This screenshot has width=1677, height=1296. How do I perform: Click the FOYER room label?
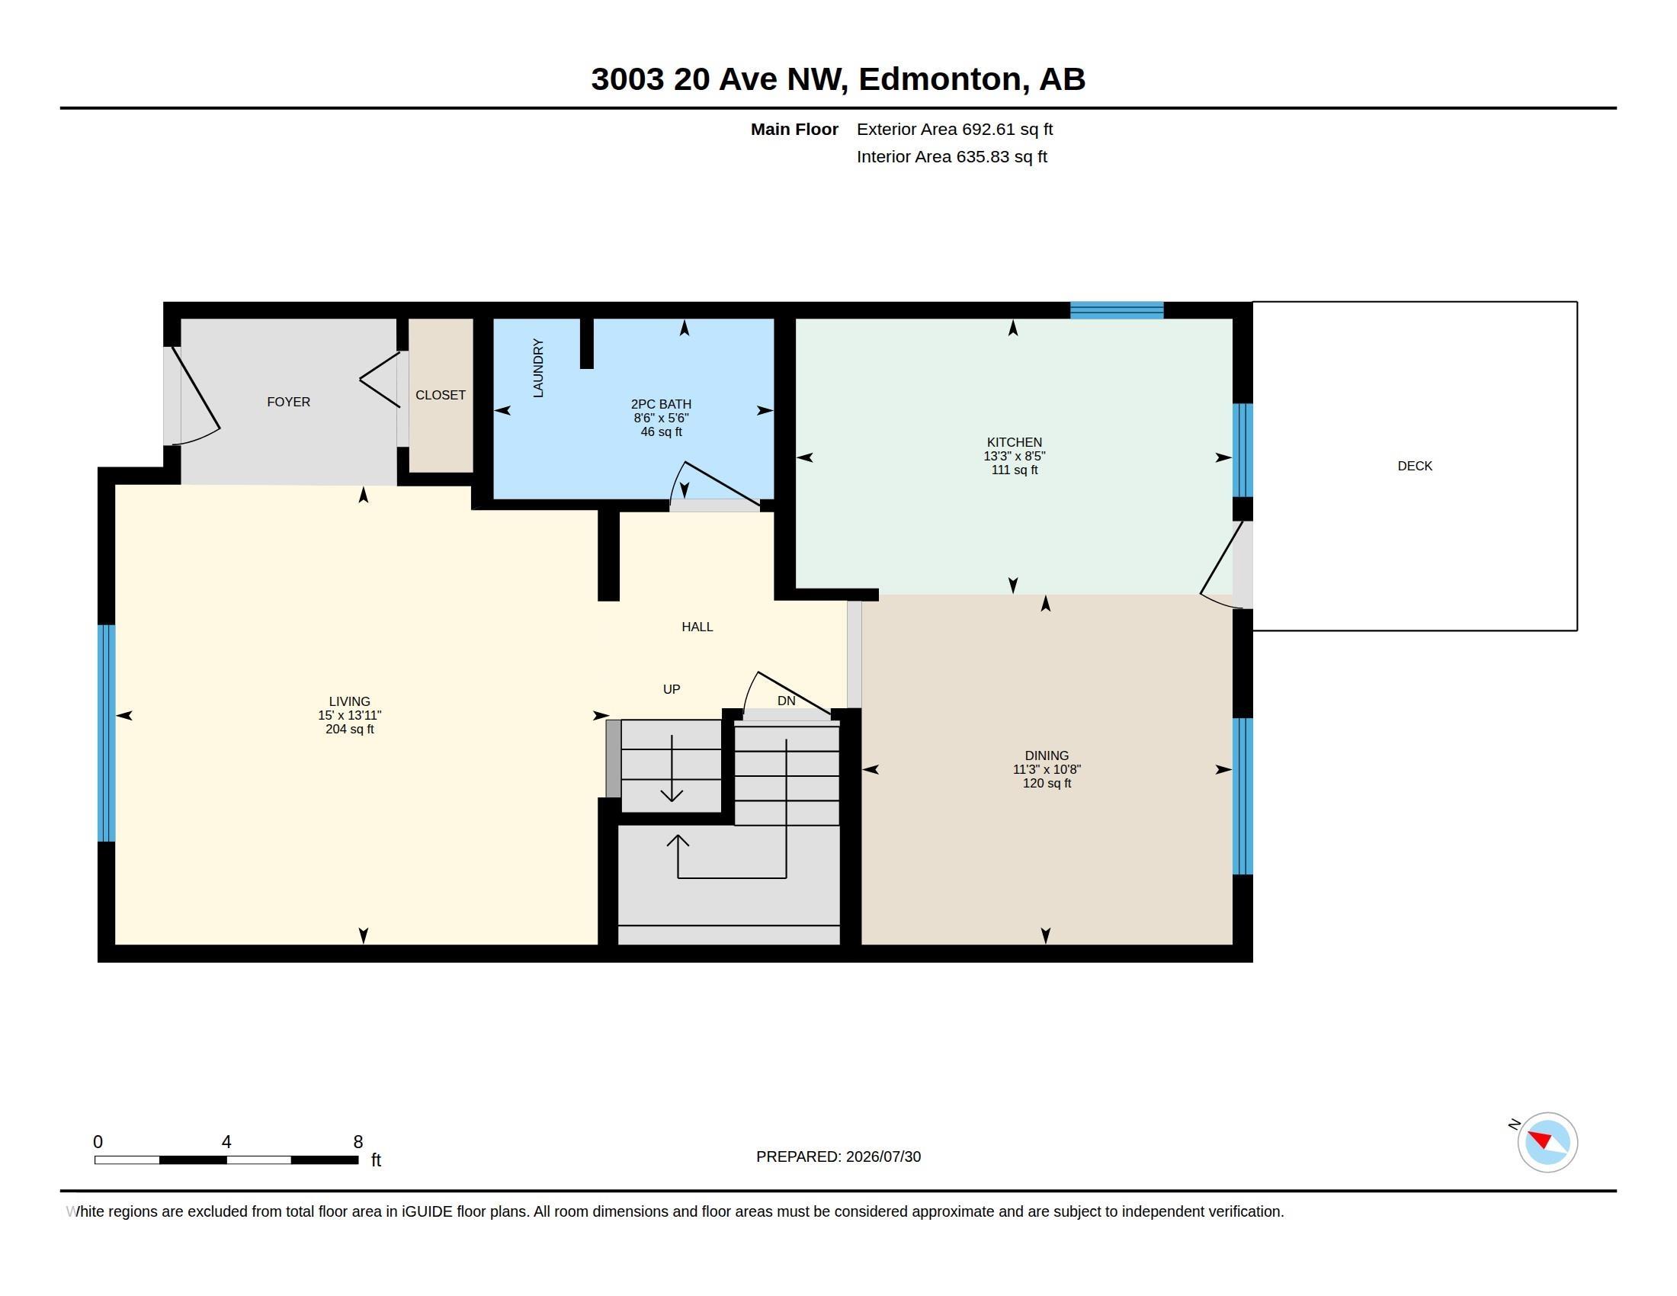289,402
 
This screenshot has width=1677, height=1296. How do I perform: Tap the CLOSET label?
441,395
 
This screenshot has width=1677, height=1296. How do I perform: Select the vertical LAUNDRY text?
538,368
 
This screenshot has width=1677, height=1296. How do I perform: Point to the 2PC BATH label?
661,404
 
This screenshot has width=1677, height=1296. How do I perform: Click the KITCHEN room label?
1015,442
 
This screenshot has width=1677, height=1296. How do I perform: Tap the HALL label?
697,627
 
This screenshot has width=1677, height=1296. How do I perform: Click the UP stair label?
672,689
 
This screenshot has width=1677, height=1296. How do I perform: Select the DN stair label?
787,701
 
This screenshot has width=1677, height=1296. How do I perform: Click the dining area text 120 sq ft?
1047,783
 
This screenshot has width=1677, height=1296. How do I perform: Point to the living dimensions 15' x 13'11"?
349,715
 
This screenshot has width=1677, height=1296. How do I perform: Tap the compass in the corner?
1547,1142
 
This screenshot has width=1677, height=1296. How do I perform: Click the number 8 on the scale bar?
358,1142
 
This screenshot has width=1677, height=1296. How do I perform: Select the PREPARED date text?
838,1156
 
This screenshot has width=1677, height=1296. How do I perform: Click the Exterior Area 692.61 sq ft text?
954,129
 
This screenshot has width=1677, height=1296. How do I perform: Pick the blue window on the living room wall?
107,733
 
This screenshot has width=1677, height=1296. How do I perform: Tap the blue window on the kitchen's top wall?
1117,310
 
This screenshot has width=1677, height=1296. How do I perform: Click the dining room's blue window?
1243,796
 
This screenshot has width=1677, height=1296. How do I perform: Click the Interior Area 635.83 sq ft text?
952,156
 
